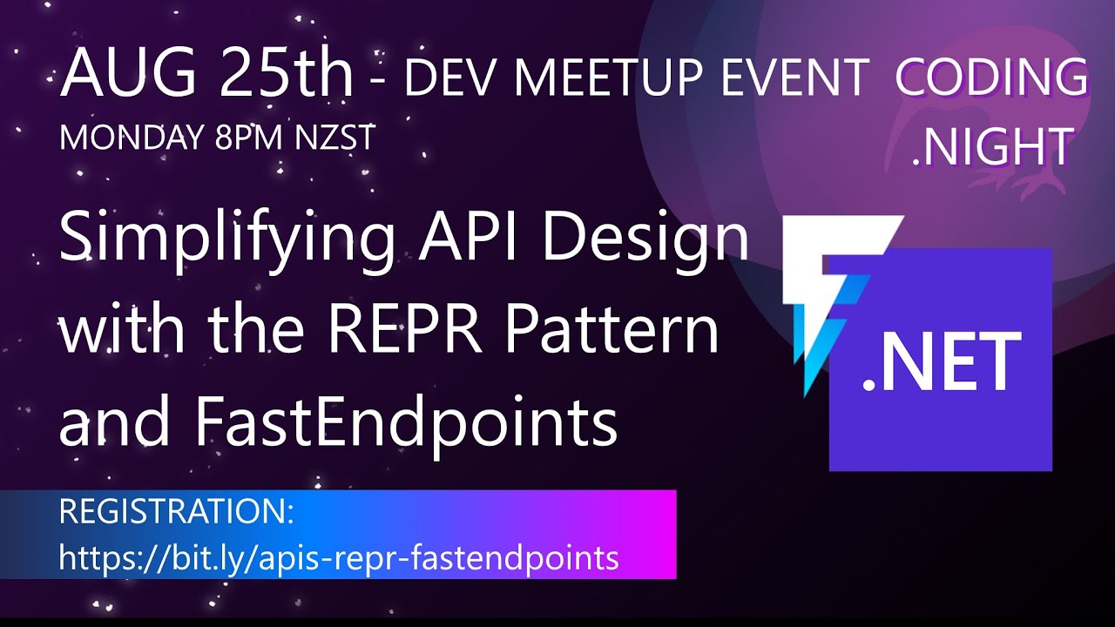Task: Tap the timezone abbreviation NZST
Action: [332, 138]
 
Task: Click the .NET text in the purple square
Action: [941, 361]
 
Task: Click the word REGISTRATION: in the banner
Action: [177, 512]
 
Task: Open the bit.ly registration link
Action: [339, 557]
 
